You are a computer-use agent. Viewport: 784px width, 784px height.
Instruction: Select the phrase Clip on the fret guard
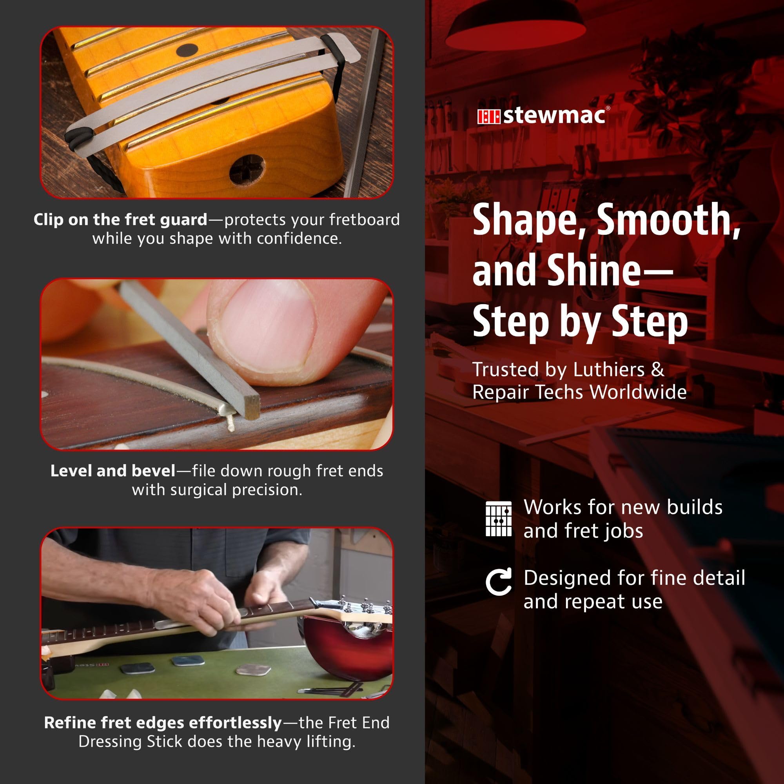(120, 220)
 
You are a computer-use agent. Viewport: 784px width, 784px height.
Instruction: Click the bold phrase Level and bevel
(113, 471)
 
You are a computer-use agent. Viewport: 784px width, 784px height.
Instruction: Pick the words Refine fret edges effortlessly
(163, 723)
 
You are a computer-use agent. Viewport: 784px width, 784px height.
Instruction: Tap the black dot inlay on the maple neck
(188, 50)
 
